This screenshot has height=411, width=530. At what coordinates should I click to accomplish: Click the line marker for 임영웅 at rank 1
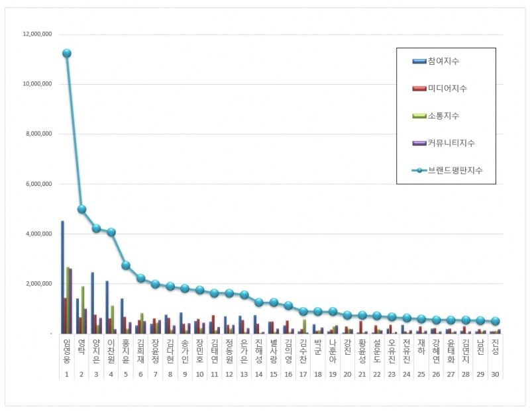[66, 53]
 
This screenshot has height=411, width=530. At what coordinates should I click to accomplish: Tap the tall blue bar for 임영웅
[62, 278]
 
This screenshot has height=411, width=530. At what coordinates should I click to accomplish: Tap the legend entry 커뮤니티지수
[451, 143]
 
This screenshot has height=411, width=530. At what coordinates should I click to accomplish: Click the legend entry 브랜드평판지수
[454, 170]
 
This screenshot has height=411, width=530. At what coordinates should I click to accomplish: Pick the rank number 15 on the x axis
[272, 374]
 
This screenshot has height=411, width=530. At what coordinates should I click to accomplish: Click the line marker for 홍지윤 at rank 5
[126, 265]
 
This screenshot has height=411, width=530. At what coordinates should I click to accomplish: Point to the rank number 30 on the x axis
[495, 374]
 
